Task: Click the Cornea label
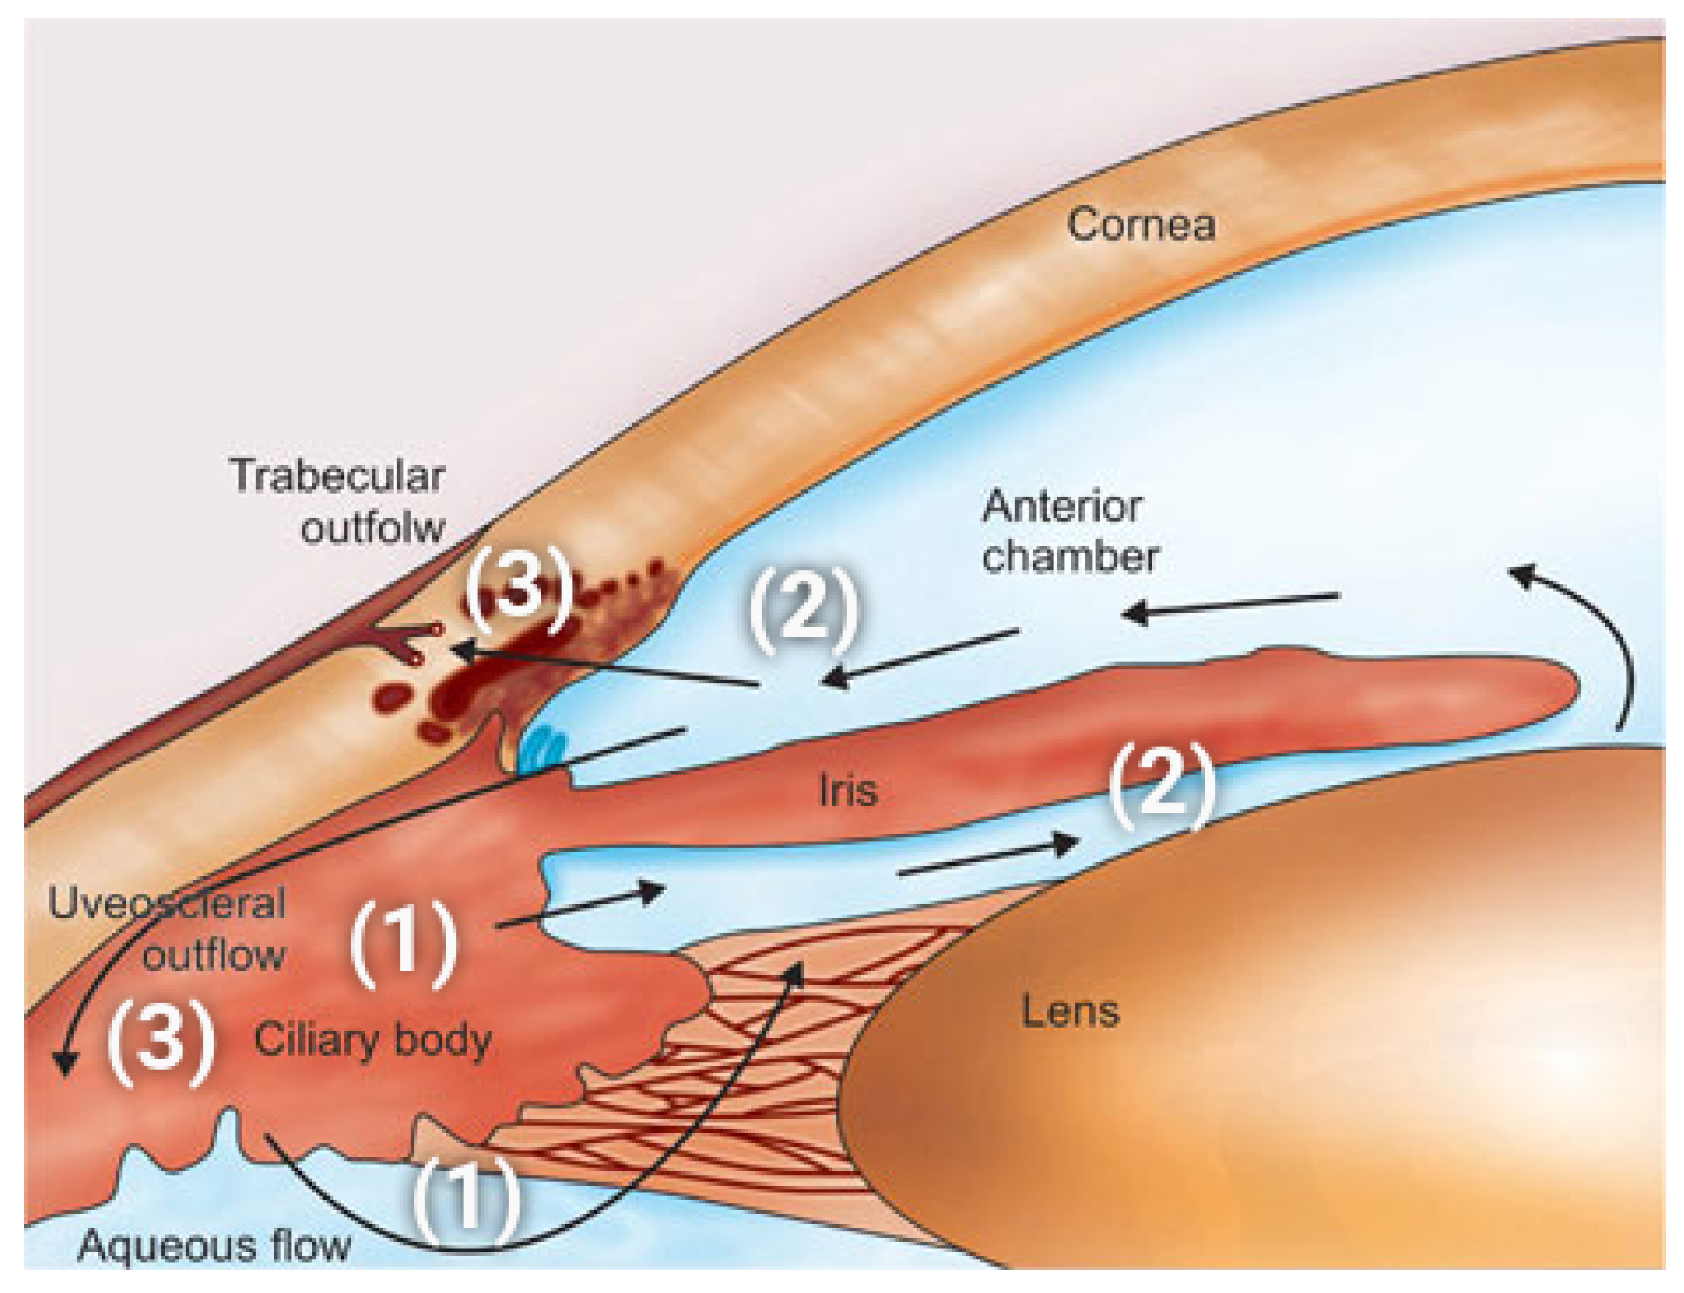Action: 1141,225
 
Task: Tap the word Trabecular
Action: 337,476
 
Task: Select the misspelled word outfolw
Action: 373,527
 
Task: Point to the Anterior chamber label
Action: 1069,531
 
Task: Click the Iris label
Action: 847,791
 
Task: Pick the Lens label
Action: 1070,1011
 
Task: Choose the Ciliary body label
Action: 373,1040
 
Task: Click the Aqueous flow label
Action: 214,1245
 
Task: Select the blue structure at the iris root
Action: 542,749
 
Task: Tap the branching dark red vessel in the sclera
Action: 405,641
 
